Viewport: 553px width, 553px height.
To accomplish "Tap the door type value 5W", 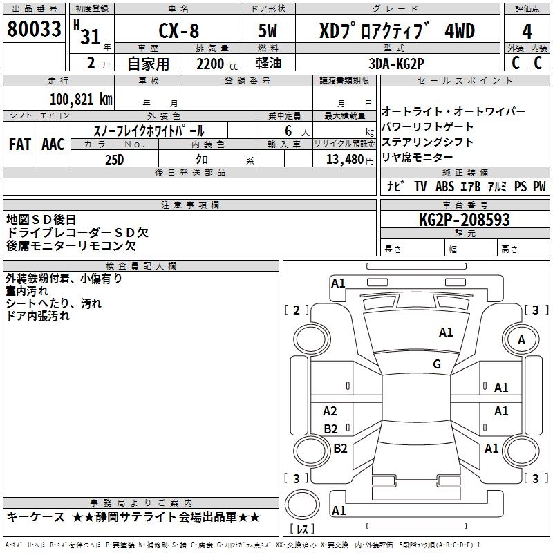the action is pyautogui.click(x=269, y=31).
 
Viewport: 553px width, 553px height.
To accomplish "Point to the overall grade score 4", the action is pyautogui.click(x=527, y=31).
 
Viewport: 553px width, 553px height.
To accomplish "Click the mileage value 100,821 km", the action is pyautogui.click(x=81, y=100).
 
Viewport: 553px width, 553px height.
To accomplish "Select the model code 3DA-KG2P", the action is pyautogui.click(x=396, y=64).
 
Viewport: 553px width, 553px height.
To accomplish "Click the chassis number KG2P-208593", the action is pyautogui.click(x=465, y=221).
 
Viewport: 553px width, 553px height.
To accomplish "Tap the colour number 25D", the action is pyautogui.click(x=114, y=160).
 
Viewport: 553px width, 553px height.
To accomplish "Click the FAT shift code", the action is pyautogui.click(x=20, y=144).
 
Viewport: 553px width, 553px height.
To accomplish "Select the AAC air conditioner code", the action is pyautogui.click(x=53, y=144).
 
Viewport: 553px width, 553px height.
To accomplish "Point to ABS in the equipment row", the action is pyautogui.click(x=446, y=187).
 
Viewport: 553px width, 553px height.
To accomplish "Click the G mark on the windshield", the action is pyautogui.click(x=436, y=364).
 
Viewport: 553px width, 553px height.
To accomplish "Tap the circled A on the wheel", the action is pyautogui.click(x=522, y=339).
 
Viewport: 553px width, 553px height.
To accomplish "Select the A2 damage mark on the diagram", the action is pyautogui.click(x=330, y=411).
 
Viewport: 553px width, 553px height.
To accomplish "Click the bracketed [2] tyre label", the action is pyautogui.click(x=297, y=310).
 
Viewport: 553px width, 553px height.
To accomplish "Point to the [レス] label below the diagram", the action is pyautogui.click(x=302, y=530).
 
